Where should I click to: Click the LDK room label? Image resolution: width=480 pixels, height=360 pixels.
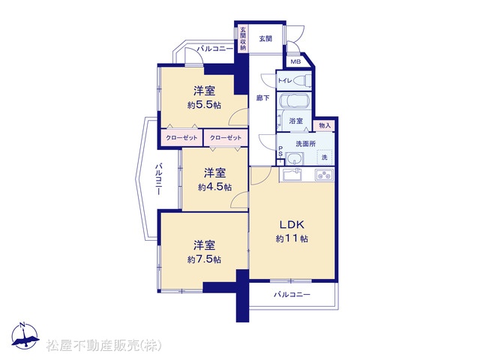pos(292,225)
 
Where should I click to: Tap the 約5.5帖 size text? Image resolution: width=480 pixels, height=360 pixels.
pos(204,105)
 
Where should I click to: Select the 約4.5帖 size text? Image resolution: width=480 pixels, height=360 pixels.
pos(214,187)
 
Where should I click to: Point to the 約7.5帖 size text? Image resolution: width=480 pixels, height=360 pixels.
pos(204,259)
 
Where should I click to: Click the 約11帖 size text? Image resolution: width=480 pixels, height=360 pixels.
pos(292,238)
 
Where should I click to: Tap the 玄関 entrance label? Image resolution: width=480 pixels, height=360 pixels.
pos(265,39)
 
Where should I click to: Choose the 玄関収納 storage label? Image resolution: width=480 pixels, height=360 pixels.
pos(243,38)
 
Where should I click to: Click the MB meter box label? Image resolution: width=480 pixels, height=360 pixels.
pos(295,61)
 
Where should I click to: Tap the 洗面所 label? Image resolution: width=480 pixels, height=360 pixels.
pos(305,143)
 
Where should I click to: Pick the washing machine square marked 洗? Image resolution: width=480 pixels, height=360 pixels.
pos(325,157)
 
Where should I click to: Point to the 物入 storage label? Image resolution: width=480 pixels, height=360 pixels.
pos(325,125)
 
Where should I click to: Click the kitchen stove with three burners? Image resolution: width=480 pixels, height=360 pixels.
pos(325,175)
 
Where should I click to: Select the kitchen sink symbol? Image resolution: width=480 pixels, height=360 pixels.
pos(292,175)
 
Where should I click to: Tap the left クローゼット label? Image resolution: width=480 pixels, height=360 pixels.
pos(181,138)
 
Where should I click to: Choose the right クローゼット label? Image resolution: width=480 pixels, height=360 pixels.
pos(226,138)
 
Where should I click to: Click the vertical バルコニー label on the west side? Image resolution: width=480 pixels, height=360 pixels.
pos(158,179)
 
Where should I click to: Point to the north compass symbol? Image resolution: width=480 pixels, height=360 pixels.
pos(25,336)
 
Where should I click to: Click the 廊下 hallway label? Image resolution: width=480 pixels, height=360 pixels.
pos(263,98)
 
